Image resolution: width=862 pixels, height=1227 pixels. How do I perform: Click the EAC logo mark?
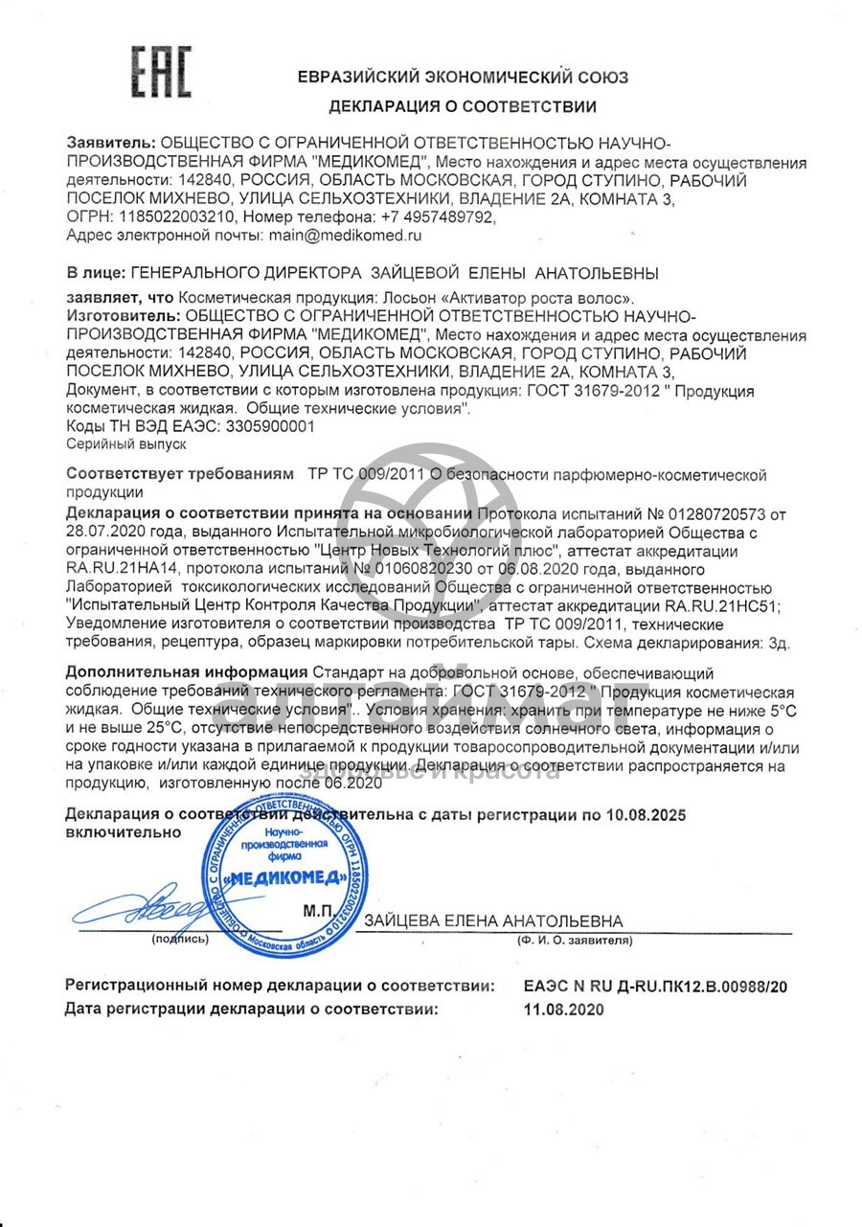click(161, 72)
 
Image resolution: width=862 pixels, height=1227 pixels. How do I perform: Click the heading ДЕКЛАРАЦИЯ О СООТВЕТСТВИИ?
click(463, 106)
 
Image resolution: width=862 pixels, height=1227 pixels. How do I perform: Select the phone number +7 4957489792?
click(430, 216)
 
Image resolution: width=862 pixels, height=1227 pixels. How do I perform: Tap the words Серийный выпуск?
click(126, 444)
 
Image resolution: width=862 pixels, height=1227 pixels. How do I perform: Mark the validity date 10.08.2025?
click(646, 815)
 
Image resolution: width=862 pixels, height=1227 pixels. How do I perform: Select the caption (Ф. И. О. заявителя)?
click(575, 941)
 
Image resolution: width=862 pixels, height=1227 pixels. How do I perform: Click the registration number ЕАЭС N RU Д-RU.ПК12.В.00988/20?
click(655, 986)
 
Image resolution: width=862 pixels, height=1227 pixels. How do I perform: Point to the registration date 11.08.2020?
click(564, 1009)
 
